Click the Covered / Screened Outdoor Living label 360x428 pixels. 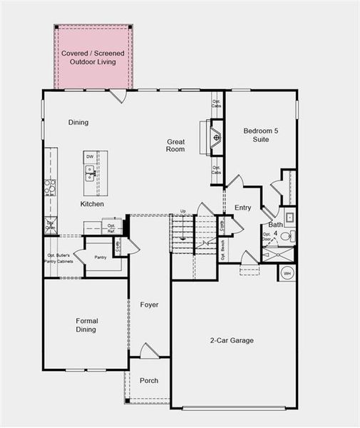coord(93,58)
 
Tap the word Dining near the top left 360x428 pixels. coord(78,123)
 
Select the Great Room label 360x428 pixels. coord(176,146)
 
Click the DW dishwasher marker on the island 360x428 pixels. coord(90,156)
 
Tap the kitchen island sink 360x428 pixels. coord(91,172)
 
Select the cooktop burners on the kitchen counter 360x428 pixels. coord(50,187)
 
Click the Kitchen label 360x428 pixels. coord(92,205)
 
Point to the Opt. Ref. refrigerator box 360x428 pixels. coord(111,228)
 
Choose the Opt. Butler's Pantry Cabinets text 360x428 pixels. coord(60,258)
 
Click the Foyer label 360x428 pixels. coord(149,305)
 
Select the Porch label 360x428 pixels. coord(149,381)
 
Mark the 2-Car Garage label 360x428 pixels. coord(232,341)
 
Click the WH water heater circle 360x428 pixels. coord(288,272)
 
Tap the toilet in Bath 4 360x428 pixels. coord(284,237)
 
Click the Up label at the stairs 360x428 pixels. coord(183,211)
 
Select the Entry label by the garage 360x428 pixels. coord(243,208)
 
